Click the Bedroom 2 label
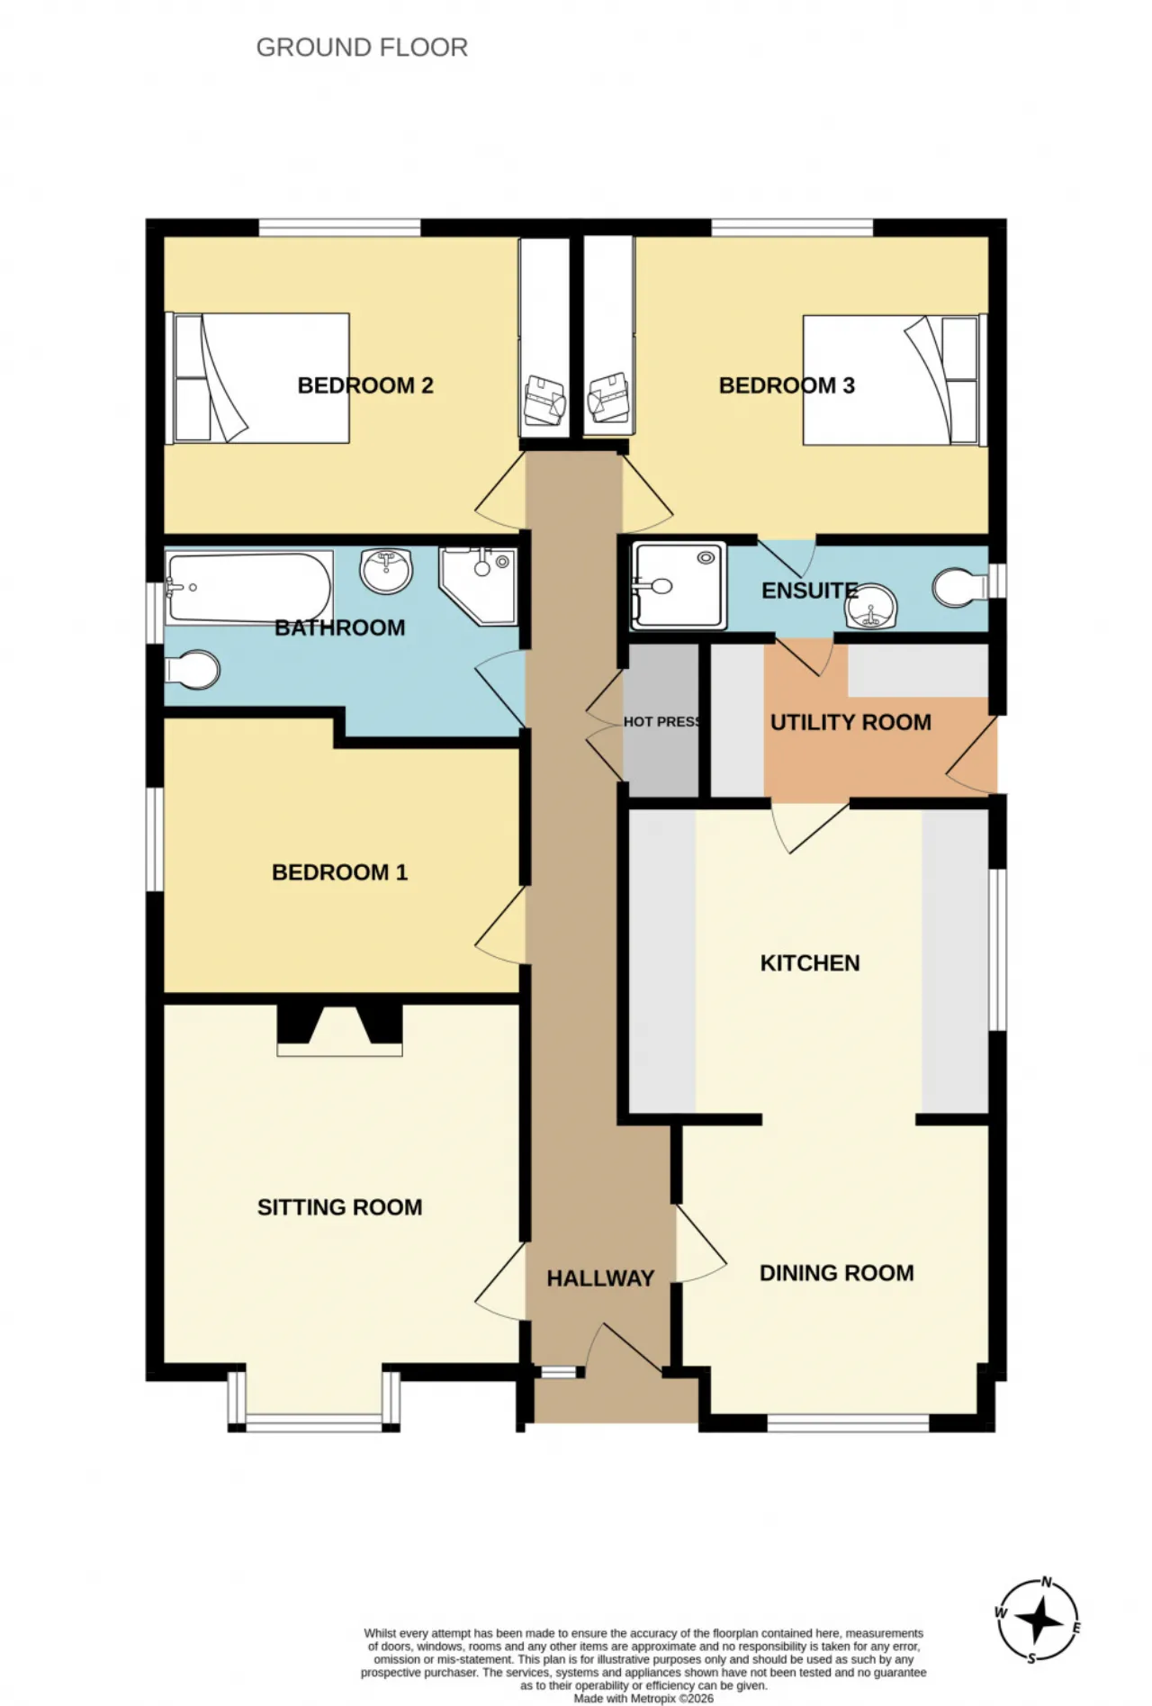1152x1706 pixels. pyautogui.click(x=365, y=385)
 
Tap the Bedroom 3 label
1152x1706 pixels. pyautogui.click(x=787, y=385)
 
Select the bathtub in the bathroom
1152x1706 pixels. pyautogui.click(x=249, y=587)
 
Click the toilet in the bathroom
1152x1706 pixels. pyautogui.click(x=193, y=670)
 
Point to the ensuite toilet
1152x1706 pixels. pyautogui.click(x=960, y=587)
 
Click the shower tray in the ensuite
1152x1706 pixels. pyautogui.click(x=679, y=585)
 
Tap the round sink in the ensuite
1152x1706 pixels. pyautogui.click(x=870, y=607)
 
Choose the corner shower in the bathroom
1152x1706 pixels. pyautogui.click(x=478, y=586)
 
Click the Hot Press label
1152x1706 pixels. pyautogui.click(x=662, y=722)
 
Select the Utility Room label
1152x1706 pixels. pyautogui.click(x=850, y=722)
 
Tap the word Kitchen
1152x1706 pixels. pyautogui.click(x=810, y=963)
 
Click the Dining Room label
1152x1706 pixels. pyautogui.click(x=837, y=1273)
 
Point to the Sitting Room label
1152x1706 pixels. pyautogui.click(x=339, y=1207)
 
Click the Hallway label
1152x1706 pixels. pyautogui.click(x=600, y=1278)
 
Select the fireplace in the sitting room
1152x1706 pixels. pyautogui.click(x=339, y=1029)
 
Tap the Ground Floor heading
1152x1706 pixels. pyautogui.click(x=362, y=47)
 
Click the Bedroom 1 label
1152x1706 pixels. pyautogui.click(x=339, y=872)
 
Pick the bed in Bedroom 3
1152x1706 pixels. pyautogui.click(x=891, y=380)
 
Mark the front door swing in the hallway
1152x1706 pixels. pyautogui.click(x=625, y=1348)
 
